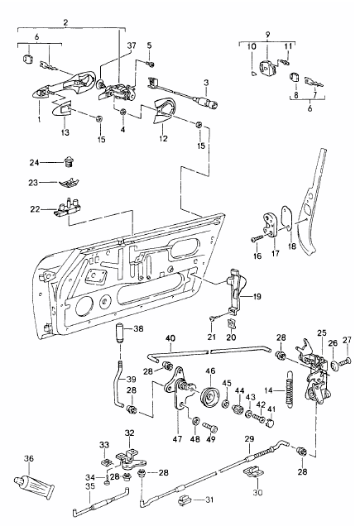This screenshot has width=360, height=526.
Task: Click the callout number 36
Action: tap(29, 458)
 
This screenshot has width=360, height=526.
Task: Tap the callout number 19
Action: tap(257, 295)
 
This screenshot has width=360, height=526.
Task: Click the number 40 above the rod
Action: tap(170, 338)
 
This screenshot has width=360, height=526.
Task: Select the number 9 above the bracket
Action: tap(267, 36)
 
